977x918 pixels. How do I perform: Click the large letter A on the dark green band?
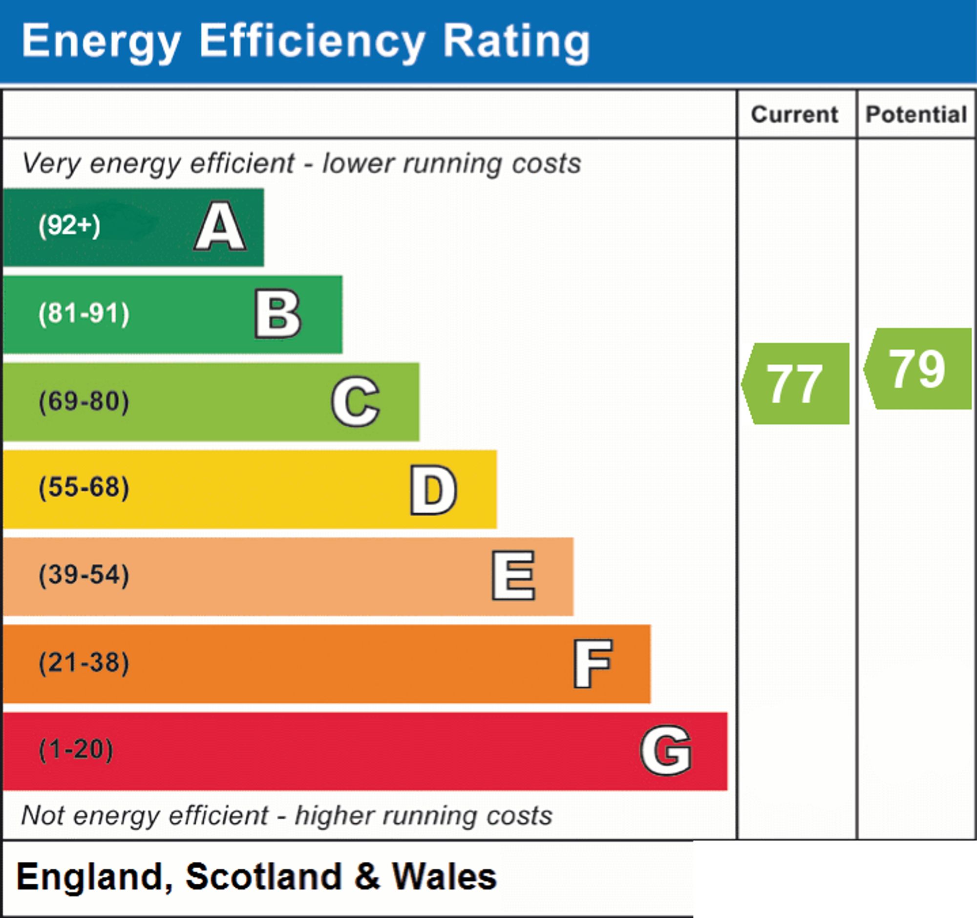pyautogui.click(x=220, y=226)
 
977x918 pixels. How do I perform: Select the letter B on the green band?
pyautogui.click(x=277, y=314)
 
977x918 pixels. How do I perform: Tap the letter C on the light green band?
pyautogui.click(x=355, y=401)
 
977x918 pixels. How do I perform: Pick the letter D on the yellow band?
pyautogui.click(x=433, y=490)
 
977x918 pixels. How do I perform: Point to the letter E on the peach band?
pyautogui.click(x=513, y=575)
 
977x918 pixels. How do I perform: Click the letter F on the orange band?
pyautogui.click(x=593, y=663)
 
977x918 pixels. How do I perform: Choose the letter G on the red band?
pyautogui.click(x=666, y=750)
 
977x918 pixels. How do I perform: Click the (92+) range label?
pyautogui.click(x=69, y=226)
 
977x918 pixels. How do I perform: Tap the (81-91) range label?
pyautogui.click(x=84, y=314)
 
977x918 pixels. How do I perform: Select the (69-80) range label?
pyautogui.click(x=84, y=401)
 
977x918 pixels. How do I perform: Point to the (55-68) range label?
pyautogui.click(x=84, y=488)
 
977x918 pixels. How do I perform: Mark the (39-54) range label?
pyautogui.click(x=84, y=575)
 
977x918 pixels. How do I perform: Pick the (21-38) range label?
pyautogui.click(x=84, y=662)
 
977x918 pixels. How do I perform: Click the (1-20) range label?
pyautogui.click(x=76, y=749)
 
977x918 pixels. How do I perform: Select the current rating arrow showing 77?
pyautogui.click(x=795, y=384)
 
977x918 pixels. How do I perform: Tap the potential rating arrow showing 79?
pyautogui.click(x=917, y=368)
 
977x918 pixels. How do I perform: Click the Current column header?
pyautogui.click(x=795, y=114)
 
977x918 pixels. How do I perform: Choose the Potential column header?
pyautogui.click(x=916, y=114)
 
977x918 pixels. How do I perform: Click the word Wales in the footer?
pyautogui.click(x=444, y=877)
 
